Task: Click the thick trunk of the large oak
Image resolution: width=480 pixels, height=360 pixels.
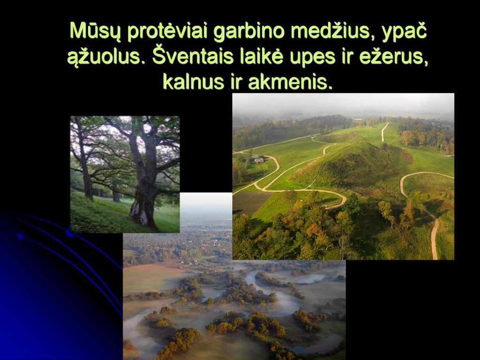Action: [144, 184]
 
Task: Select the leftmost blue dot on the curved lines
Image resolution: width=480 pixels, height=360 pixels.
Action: [21, 235]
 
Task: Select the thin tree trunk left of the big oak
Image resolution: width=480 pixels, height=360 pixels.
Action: [87, 172]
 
